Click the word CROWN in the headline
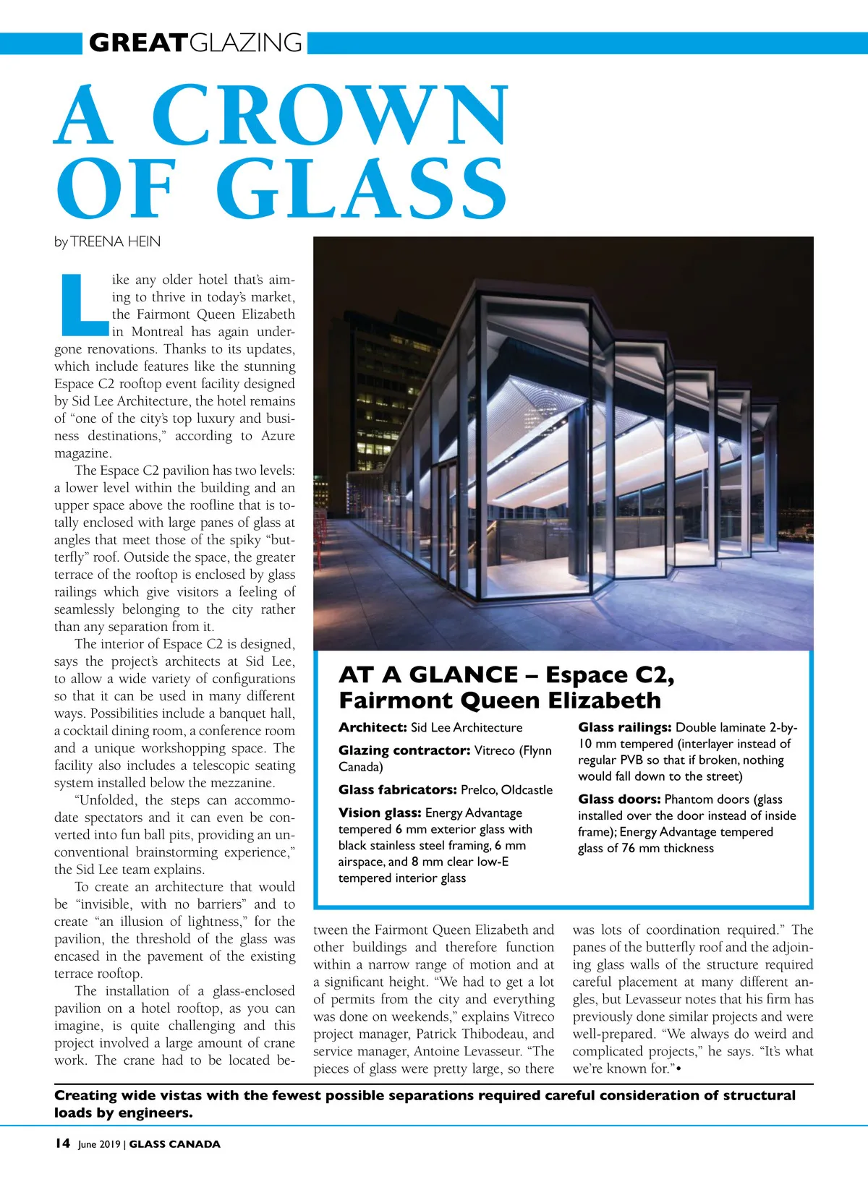point(330,116)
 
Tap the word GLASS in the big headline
point(362,189)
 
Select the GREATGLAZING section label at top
point(195,43)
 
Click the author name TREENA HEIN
point(116,241)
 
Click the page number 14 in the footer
point(62,1144)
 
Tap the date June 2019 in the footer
point(99,1144)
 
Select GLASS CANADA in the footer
point(174,1144)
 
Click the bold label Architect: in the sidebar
point(373,727)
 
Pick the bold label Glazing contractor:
point(404,750)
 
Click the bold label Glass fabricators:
point(397,789)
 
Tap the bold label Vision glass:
point(380,813)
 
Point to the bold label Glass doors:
point(619,799)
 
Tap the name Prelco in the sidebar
point(477,789)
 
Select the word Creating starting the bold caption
point(85,1095)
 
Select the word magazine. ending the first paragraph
point(83,453)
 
